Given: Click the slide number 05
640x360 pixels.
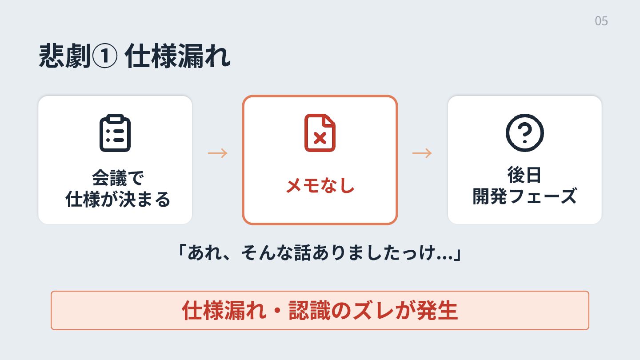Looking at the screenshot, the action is [601, 21].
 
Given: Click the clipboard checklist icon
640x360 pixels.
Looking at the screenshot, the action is [115, 133].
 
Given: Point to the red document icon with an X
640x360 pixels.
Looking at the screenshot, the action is [320, 133].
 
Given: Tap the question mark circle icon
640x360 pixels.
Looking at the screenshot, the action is [524, 133].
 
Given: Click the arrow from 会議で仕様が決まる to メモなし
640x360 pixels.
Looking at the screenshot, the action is [218, 153].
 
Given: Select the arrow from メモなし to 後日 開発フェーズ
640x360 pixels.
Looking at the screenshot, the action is [422, 153].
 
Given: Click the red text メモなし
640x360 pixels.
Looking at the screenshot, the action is [320, 186].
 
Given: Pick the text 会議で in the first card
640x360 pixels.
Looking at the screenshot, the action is [118, 178].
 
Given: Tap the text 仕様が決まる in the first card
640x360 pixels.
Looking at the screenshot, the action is [118, 200].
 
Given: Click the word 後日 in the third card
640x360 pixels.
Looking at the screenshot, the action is [524, 175].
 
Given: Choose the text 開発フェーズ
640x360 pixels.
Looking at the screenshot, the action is [524, 196].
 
